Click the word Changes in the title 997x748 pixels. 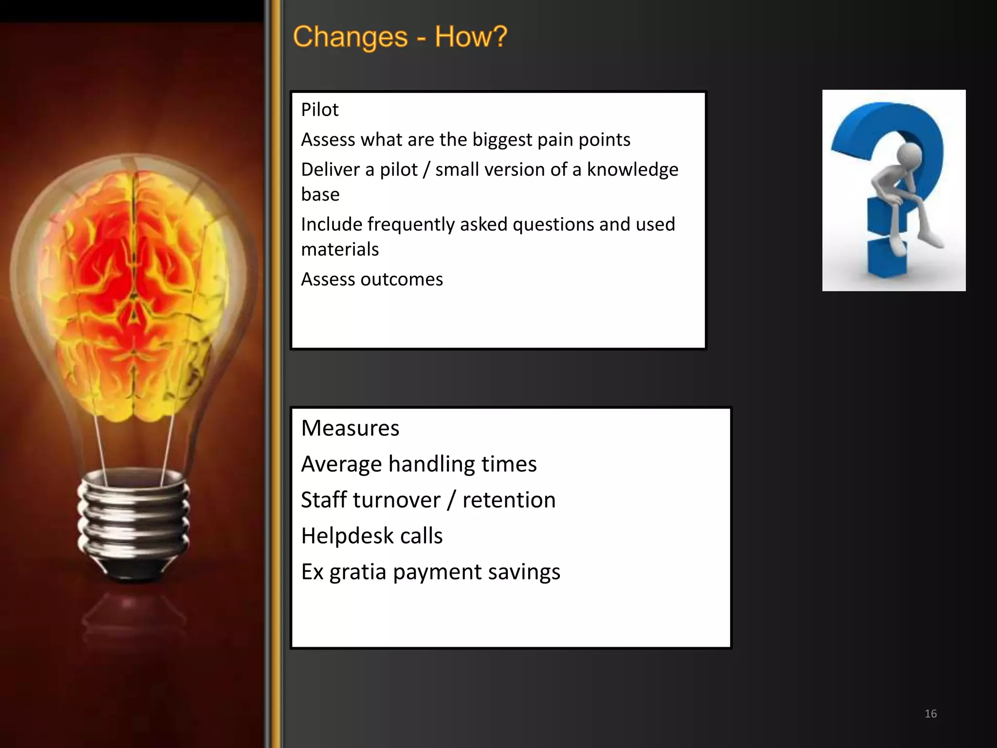[351, 37]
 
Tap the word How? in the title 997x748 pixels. [471, 37]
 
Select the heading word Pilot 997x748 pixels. [319, 110]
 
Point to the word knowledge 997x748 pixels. [632, 169]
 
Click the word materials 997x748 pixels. [340, 249]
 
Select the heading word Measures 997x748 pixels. [350, 428]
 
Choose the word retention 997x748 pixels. [509, 500]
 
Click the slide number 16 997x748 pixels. [930, 714]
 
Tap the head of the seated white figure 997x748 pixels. [909, 155]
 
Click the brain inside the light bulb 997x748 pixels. [134, 292]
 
